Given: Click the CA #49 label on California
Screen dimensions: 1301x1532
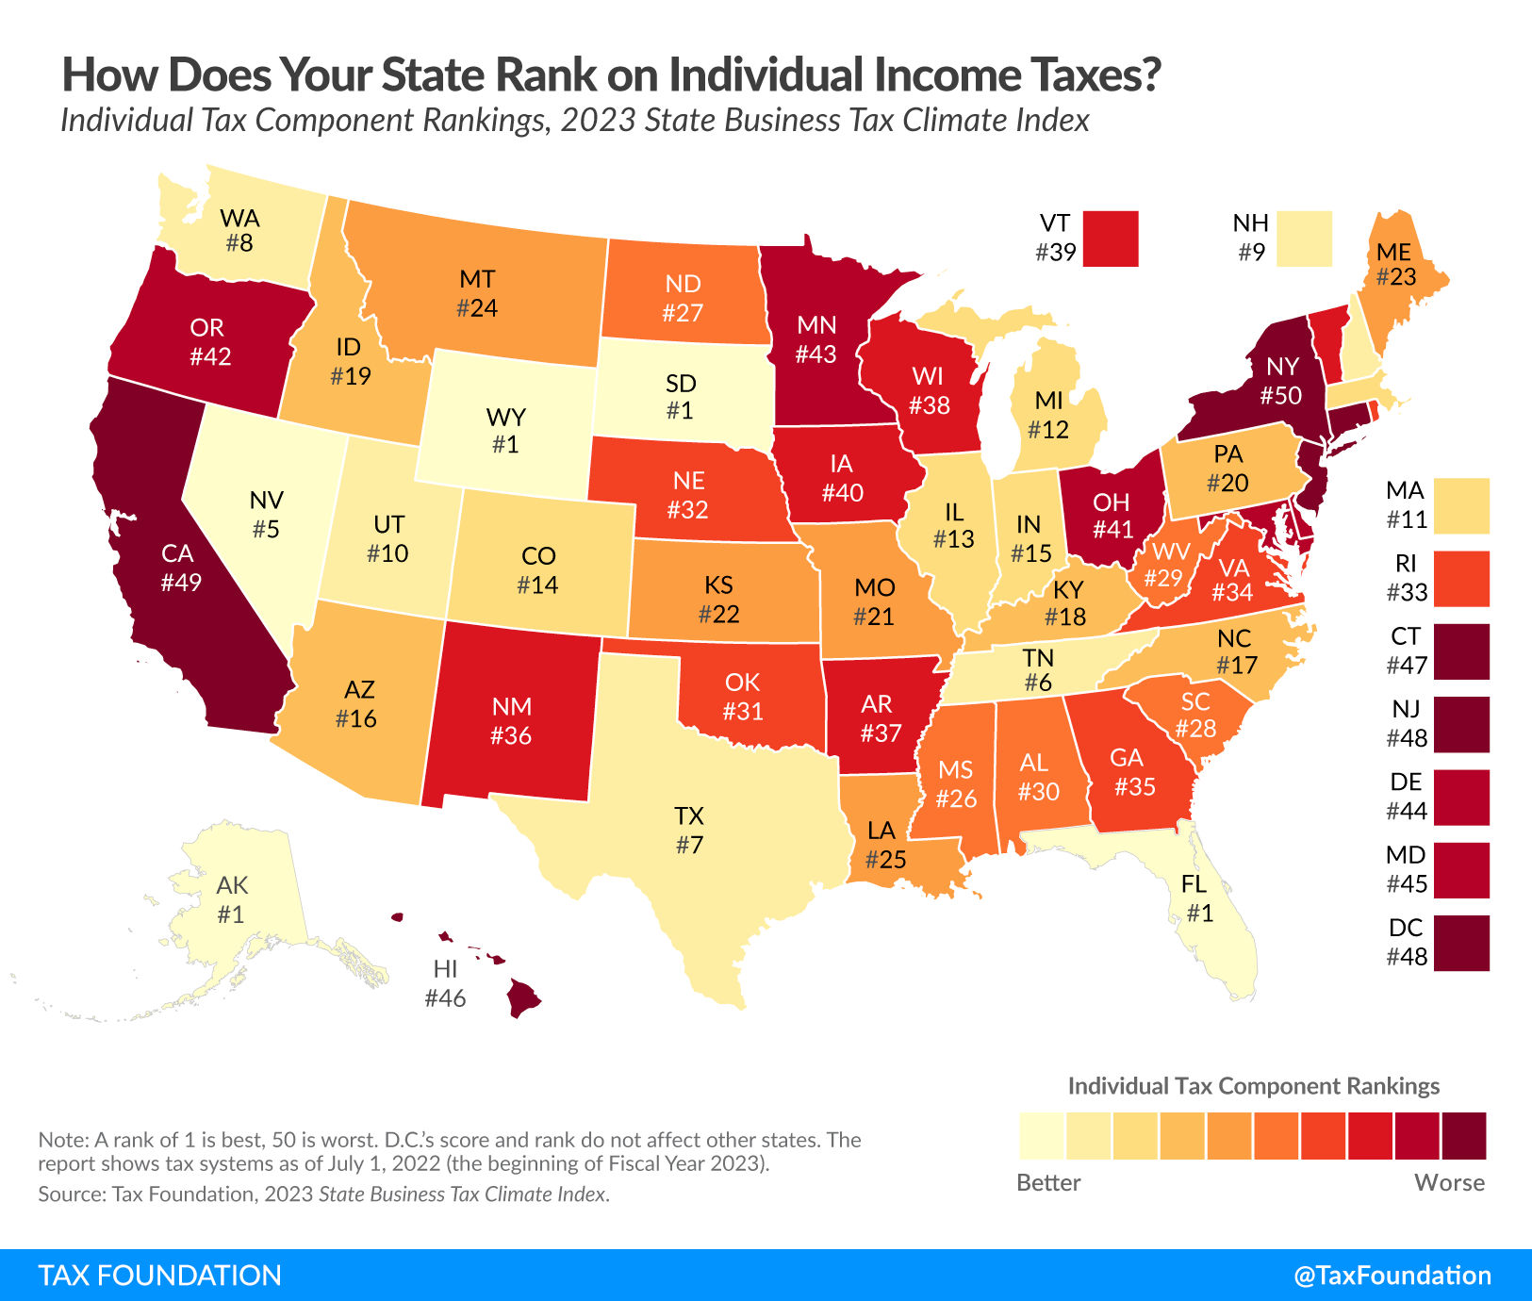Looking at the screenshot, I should pyautogui.click(x=179, y=568).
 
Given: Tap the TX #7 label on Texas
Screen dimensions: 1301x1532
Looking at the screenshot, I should pyautogui.click(x=689, y=830).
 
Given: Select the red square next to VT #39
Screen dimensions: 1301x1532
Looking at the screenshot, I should pyautogui.click(x=1111, y=239).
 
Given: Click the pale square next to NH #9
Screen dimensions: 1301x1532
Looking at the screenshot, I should pyautogui.click(x=1305, y=239).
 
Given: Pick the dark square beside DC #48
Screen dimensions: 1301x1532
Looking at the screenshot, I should pyautogui.click(x=1461, y=943).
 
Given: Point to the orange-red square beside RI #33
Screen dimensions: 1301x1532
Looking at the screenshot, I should pyautogui.click(x=1461, y=578).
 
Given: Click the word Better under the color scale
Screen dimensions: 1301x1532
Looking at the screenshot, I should pyautogui.click(x=1048, y=1182).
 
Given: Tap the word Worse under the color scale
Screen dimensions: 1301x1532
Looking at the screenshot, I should pyautogui.click(x=1449, y=1182).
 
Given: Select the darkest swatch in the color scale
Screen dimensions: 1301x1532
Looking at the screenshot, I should pyautogui.click(x=1464, y=1135).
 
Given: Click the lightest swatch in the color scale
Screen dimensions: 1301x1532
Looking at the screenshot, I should pyautogui.click(x=1041, y=1135).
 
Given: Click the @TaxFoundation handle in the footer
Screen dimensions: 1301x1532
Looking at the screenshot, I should pyautogui.click(x=1392, y=1276).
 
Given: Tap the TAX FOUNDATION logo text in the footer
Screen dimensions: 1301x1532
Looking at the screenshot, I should pyautogui.click(x=160, y=1276).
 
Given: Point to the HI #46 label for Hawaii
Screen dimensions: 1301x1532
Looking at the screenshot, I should pyautogui.click(x=445, y=983).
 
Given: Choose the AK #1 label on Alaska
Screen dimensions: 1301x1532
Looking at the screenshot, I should pyautogui.click(x=232, y=899).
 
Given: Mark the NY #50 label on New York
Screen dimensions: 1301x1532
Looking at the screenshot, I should pyautogui.click(x=1281, y=381).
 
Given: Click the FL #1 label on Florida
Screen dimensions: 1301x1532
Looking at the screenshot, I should pyautogui.click(x=1198, y=898).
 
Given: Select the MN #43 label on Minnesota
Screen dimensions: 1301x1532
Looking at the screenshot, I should pyautogui.click(x=815, y=339).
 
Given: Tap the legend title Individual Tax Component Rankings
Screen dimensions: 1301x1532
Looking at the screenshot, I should pyautogui.click(x=1253, y=1086).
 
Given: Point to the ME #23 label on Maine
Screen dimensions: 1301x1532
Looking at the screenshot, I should pyautogui.click(x=1395, y=264).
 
